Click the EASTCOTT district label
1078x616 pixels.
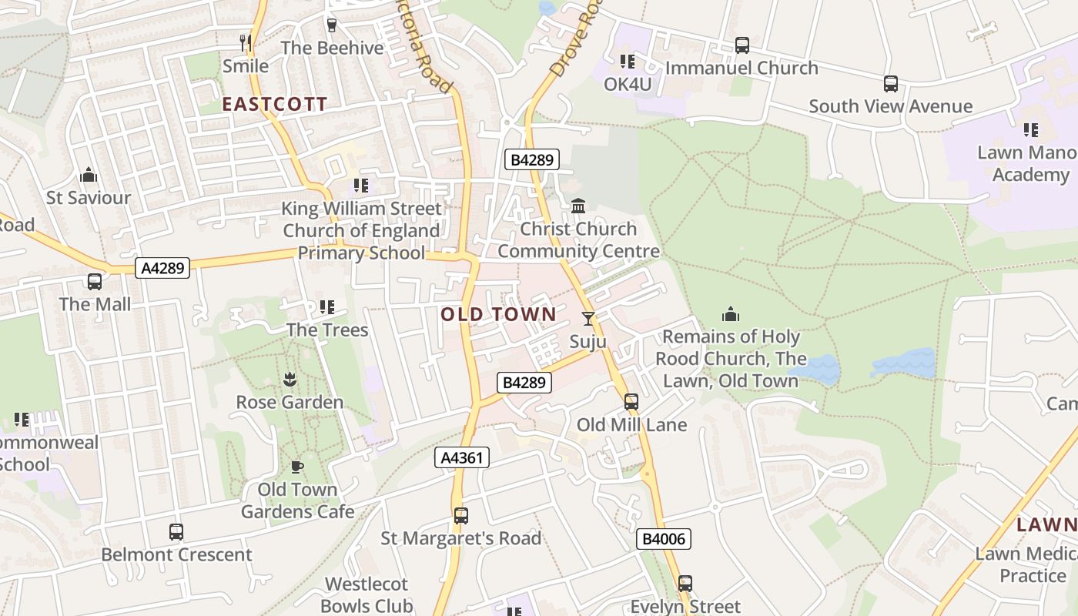pos(275,105)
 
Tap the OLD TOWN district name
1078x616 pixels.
pos(498,314)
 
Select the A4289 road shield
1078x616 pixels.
pos(162,268)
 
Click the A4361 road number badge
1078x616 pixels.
pos(462,458)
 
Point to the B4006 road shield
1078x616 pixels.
pos(664,539)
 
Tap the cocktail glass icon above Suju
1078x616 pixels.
pos(588,318)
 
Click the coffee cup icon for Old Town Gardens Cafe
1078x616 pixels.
pos(297,467)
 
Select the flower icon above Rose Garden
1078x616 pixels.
pos(290,379)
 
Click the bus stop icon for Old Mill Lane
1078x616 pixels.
pos(631,401)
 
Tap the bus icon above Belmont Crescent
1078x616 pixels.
pos(176,531)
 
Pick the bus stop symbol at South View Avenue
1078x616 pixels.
pos(890,83)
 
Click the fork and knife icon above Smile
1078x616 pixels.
pos(246,42)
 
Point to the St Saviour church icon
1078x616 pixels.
pos(89,175)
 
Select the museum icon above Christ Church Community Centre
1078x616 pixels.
pos(578,206)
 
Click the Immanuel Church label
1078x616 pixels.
pos(742,68)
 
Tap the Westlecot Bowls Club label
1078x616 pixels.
pos(367,594)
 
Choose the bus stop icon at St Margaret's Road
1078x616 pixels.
pos(461,515)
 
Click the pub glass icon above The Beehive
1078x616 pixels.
pos(332,25)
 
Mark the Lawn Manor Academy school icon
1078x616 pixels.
pos(1031,129)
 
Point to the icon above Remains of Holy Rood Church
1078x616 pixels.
pos(730,314)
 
